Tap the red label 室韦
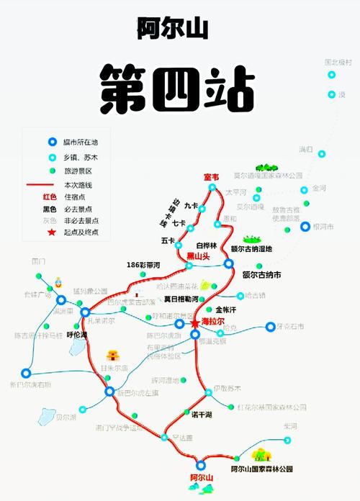(212, 177)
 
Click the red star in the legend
(52, 232)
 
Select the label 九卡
(190, 205)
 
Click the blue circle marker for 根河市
(305, 227)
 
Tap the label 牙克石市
(297, 327)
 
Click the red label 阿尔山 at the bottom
(201, 477)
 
